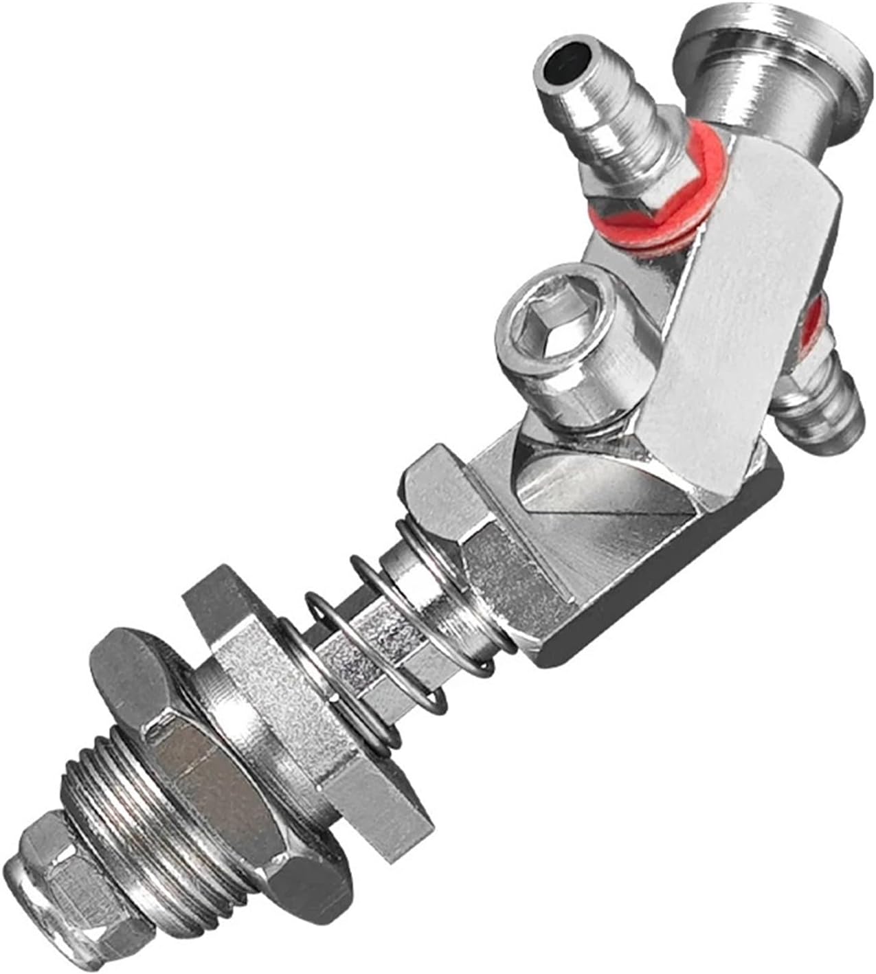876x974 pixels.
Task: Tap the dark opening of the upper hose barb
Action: pos(563,70)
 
